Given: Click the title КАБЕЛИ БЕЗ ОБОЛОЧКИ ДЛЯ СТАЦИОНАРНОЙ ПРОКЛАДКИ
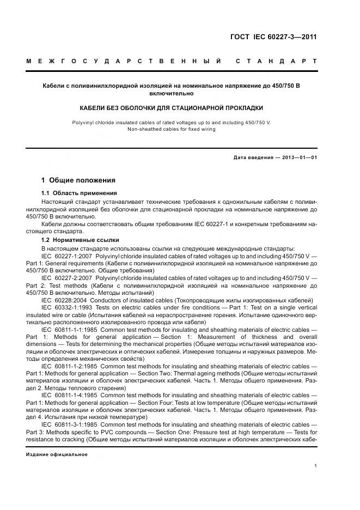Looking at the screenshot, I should [x=172, y=108].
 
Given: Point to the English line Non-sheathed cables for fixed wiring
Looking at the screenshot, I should [x=172, y=129].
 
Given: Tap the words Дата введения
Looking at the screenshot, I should [x=252, y=158].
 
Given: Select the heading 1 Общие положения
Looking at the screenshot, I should [x=78, y=180].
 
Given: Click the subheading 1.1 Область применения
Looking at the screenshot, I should [x=78, y=193].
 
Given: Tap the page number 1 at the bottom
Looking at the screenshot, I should [x=316, y=466].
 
